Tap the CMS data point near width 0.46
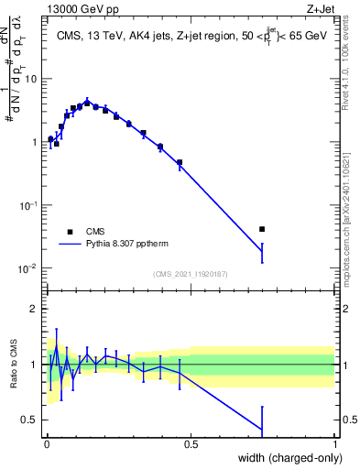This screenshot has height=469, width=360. [x=180, y=162]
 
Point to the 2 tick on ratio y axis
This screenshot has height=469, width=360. [x=35, y=309]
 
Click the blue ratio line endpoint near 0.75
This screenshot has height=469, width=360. [x=262, y=430]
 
